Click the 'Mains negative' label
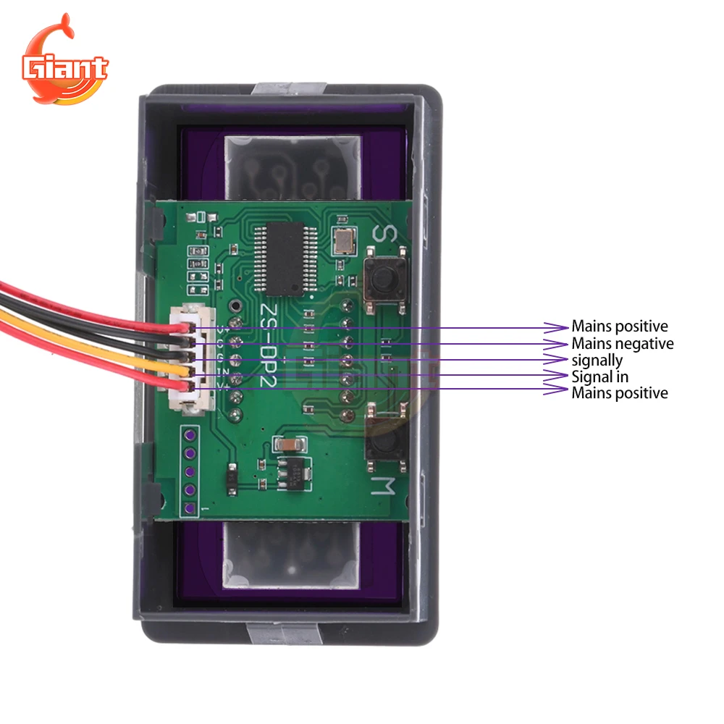(622, 343)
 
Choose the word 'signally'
(597, 360)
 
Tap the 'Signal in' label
(599, 376)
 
